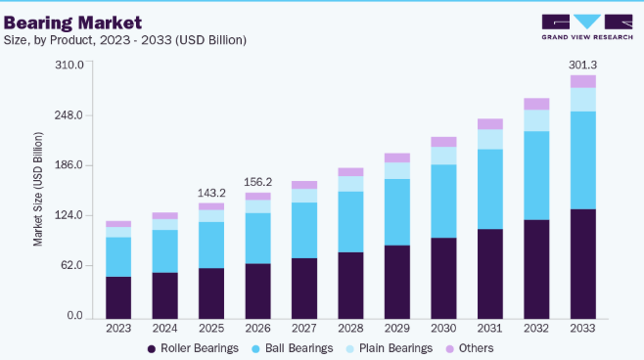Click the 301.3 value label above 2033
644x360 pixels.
582,65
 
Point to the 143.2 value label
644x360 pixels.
211,193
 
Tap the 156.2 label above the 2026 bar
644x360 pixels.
258,182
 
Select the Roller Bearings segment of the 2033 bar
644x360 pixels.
582,264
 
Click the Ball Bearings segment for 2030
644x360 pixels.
443,202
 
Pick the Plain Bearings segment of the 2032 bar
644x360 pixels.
536,120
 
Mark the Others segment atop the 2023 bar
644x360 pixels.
118,224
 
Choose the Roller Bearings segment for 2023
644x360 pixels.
118,297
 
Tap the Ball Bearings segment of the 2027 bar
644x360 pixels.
304,230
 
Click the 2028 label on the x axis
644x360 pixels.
350,329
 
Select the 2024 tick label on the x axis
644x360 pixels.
164,329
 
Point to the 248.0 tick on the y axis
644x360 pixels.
69,114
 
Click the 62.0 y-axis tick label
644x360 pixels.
72,265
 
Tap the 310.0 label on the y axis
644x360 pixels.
69,65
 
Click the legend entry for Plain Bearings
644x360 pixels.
389,348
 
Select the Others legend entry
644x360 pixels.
470,348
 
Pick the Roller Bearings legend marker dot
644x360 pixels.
152,349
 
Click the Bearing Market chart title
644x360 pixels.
72,22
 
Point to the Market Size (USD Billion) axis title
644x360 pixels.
38,189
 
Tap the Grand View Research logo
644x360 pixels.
587,27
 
